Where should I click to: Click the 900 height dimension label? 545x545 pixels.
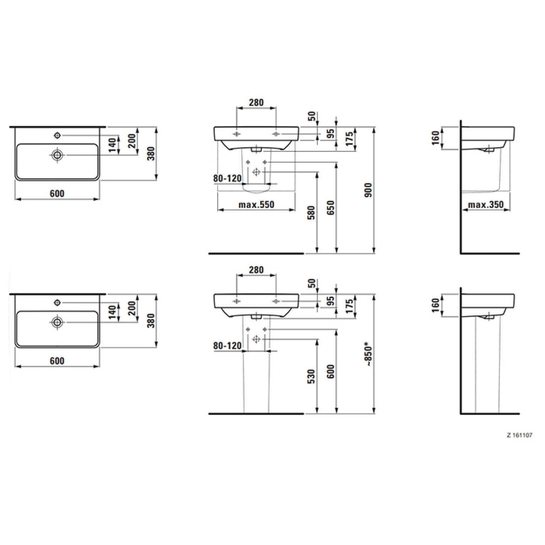[x=368, y=190]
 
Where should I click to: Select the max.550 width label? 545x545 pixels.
[x=256, y=205]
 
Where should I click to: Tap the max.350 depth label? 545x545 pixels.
[x=486, y=205]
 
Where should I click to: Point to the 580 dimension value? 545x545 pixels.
[x=311, y=212]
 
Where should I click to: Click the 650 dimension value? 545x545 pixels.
[x=331, y=208]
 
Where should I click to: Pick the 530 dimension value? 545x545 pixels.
[x=311, y=377]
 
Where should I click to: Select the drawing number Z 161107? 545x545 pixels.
[x=519, y=435]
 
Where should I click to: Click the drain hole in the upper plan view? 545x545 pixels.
[x=57, y=155]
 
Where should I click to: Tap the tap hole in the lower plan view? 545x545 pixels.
[x=57, y=302]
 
